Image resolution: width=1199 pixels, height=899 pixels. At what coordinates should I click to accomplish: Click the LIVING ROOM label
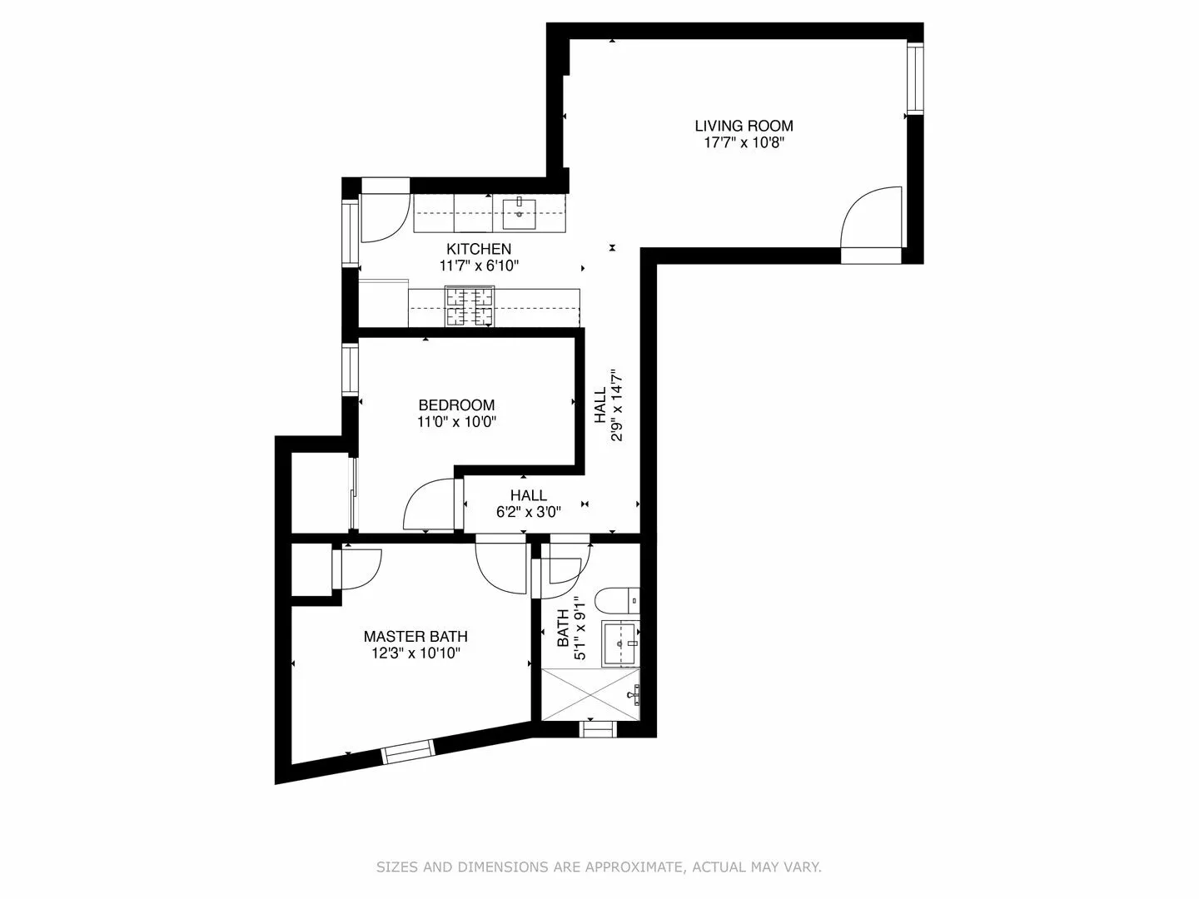744,126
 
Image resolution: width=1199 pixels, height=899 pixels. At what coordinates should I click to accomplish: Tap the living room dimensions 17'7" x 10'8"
744,143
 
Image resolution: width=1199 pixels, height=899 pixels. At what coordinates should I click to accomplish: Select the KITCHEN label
479,249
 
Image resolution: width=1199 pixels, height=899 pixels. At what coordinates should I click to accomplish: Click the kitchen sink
520,213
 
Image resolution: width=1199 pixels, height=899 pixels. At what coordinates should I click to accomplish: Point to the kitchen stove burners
470,306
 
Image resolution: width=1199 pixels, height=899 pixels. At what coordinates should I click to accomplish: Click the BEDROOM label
456,405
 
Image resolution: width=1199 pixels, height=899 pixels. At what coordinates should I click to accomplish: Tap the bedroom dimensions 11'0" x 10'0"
456,422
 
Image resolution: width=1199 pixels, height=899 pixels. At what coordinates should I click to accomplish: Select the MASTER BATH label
415,637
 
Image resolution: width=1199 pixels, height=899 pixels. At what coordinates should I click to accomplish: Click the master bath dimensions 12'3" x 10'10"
415,653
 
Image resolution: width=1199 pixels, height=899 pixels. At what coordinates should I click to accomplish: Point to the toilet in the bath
617,599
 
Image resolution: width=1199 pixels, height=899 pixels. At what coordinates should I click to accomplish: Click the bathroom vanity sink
620,643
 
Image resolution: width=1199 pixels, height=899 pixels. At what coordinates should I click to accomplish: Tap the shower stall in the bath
590,693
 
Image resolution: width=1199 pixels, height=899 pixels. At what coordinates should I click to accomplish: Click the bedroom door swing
429,505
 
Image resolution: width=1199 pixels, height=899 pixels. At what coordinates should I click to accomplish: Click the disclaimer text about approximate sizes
599,867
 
